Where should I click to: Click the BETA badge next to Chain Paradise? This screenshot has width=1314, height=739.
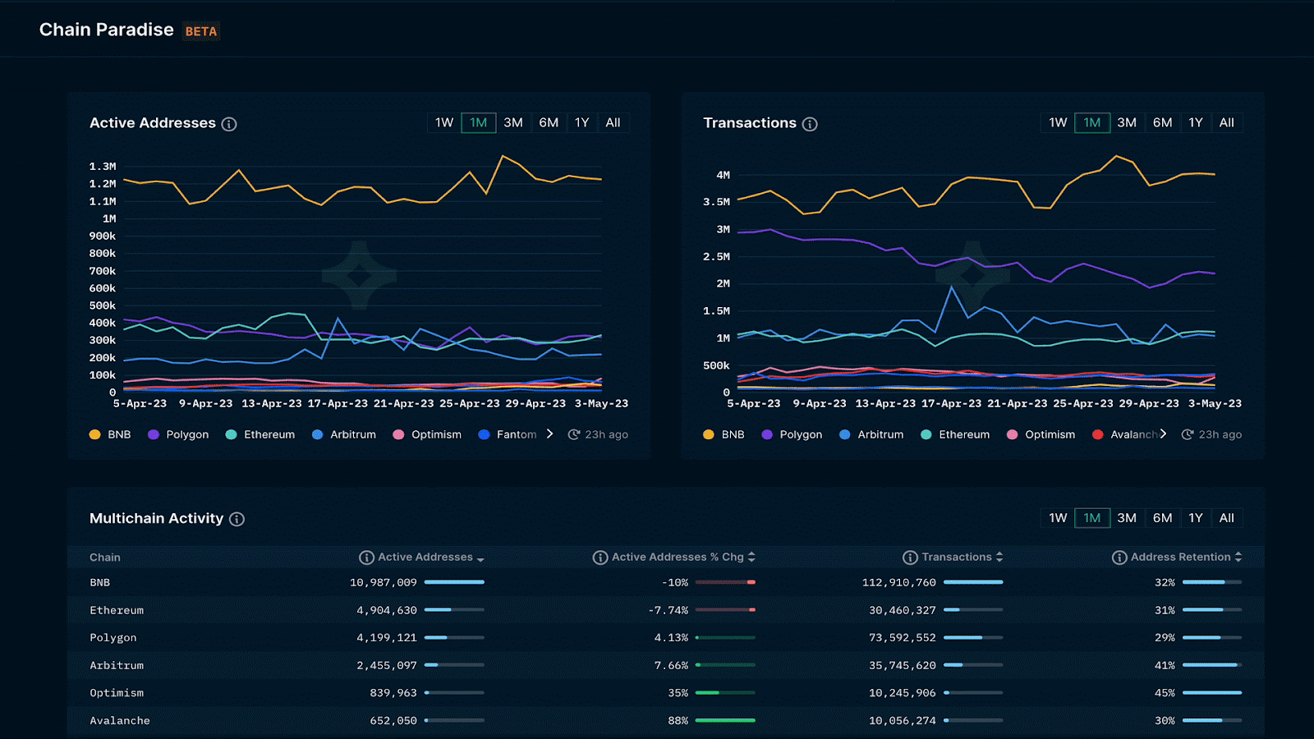201,31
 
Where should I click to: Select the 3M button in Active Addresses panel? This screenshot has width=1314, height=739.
513,122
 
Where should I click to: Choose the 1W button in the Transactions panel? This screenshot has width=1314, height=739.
1058,122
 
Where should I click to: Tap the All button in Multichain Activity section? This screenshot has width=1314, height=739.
1226,518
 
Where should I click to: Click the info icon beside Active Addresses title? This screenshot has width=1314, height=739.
229,124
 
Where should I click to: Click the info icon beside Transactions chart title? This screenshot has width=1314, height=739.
810,124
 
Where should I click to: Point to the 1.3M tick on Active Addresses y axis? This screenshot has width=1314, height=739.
103,167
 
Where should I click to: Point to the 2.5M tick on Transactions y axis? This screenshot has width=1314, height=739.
716,257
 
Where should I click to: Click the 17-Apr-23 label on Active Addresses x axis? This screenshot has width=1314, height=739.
338,404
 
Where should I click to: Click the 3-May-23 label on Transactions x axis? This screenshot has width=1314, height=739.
1215,404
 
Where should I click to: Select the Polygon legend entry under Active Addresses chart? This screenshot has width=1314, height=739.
178,434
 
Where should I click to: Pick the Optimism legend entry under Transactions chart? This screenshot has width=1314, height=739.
1041,434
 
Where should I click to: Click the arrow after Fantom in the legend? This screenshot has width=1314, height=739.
549,434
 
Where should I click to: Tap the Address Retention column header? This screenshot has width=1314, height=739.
1180,557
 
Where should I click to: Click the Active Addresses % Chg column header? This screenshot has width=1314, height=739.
677,557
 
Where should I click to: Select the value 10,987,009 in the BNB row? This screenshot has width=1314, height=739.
384,582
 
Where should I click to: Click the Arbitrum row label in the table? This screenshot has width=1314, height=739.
117,665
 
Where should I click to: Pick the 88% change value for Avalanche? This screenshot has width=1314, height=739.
678,720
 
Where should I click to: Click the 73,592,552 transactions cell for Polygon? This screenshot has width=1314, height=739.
902,637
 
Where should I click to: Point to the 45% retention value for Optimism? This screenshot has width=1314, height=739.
1165,693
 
